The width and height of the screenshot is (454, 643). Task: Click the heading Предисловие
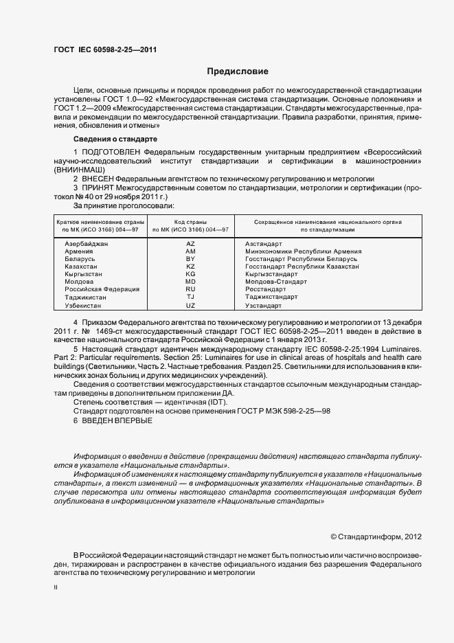pyautogui.click(x=238, y=71)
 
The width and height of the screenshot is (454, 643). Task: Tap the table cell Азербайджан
pyautogui.click(x=87, y=244)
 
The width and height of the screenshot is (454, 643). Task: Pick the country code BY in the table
pyautogui.click(x=191, y=259)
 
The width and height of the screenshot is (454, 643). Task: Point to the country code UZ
pyautogui.click(x=191, y=305)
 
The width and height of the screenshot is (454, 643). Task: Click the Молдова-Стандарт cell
pyautogui.click(x=276, y=282)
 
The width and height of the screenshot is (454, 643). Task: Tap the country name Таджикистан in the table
pyautogui.click(x=86, y=297)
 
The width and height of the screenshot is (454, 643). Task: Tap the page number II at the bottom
pyautogui.click(x=56, y=587)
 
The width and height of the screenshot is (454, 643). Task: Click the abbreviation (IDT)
pyautogui.click(x=209, y=401)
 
